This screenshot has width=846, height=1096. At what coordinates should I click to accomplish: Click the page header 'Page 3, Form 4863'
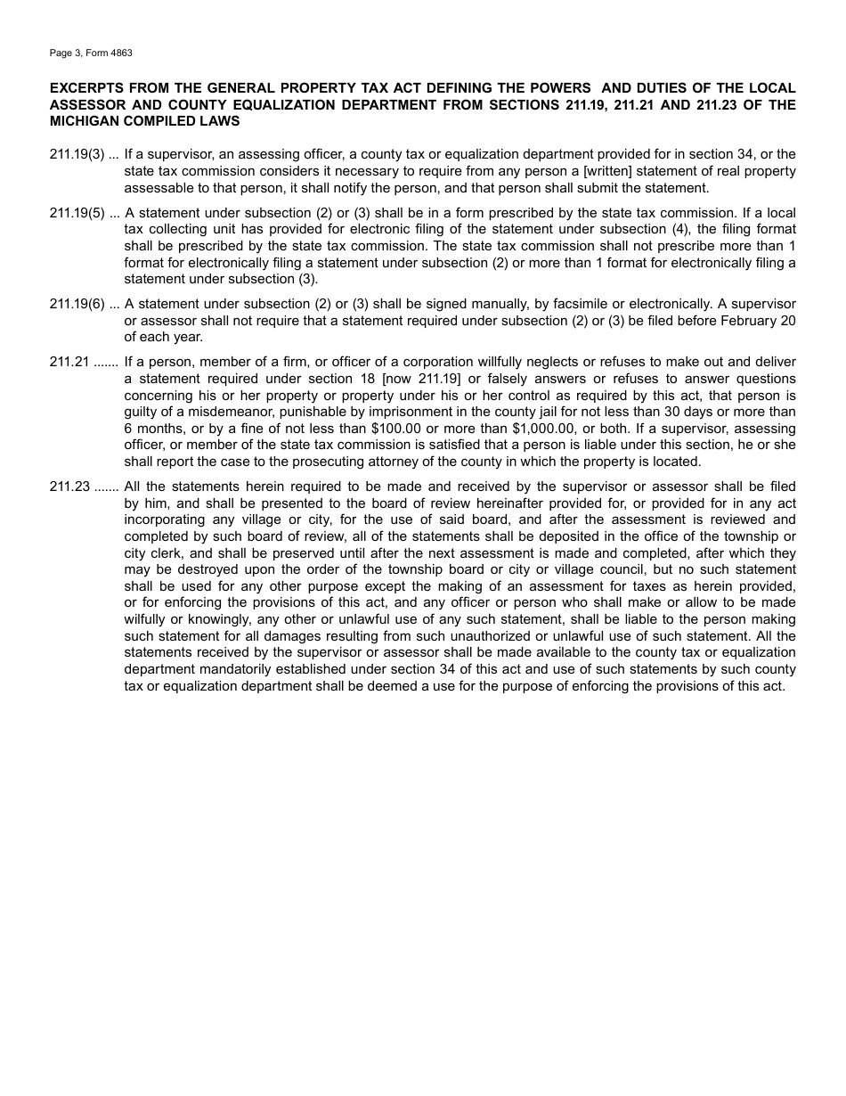[x=91, y=53]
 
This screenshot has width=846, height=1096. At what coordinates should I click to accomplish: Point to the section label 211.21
[x=69, y=362]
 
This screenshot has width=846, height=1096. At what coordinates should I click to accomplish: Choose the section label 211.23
[x=69, y=487]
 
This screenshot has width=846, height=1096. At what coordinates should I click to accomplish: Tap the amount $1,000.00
[x=544, y=429]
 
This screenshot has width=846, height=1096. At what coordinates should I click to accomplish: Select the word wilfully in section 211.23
[x=148, y=619]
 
